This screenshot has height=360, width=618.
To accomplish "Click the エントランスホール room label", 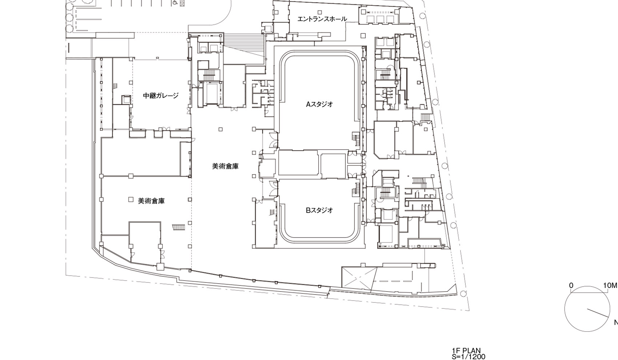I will (x=322, y=19).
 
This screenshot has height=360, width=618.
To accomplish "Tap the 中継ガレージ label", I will (x=161, y=96).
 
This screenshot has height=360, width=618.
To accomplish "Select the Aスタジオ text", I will (x=319, y=104).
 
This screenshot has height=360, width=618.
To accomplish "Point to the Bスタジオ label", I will (x=319, y=210).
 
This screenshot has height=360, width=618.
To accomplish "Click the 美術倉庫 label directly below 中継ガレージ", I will (x=152, y=200).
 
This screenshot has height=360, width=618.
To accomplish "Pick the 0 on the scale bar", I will (x=571, y=285).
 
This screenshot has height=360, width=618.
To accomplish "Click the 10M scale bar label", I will (x=610, y=285).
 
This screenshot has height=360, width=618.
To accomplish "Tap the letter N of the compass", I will (x=615, y=322).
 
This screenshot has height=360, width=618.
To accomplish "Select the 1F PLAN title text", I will (x=466, y=351).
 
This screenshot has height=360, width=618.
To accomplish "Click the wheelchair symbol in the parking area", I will (x=175, y=3).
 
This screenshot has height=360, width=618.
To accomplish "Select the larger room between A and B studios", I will (x=298, y=165).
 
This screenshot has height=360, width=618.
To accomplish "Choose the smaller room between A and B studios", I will (x=333, y=166).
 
